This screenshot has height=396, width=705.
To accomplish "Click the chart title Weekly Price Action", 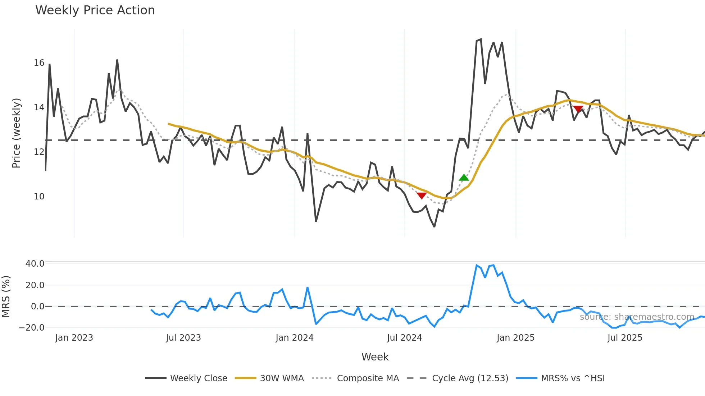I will (95, 10).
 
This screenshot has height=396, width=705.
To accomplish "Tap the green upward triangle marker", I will (464, 178).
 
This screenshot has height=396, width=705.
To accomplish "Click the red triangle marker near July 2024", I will (422, 195).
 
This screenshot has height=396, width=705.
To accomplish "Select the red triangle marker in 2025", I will (578, 109).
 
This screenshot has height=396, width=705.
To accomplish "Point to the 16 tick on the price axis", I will (39, 63).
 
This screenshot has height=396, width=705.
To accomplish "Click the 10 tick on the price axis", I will (39, 197).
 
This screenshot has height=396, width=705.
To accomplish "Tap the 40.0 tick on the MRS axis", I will (35, 263).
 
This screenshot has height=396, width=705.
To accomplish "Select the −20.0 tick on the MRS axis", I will (32, 327).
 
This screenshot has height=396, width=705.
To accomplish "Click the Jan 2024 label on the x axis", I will (295, 338).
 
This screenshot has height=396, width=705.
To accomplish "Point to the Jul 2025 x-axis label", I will (625, 338).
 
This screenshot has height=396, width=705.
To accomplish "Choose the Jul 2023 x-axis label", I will (183, 338).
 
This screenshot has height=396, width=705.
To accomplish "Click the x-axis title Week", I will (375, 357).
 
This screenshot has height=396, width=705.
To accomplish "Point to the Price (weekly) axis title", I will (17, 133).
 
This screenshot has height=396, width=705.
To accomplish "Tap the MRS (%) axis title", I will (6, 296).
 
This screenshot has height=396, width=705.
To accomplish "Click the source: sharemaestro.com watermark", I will (637, 317).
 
